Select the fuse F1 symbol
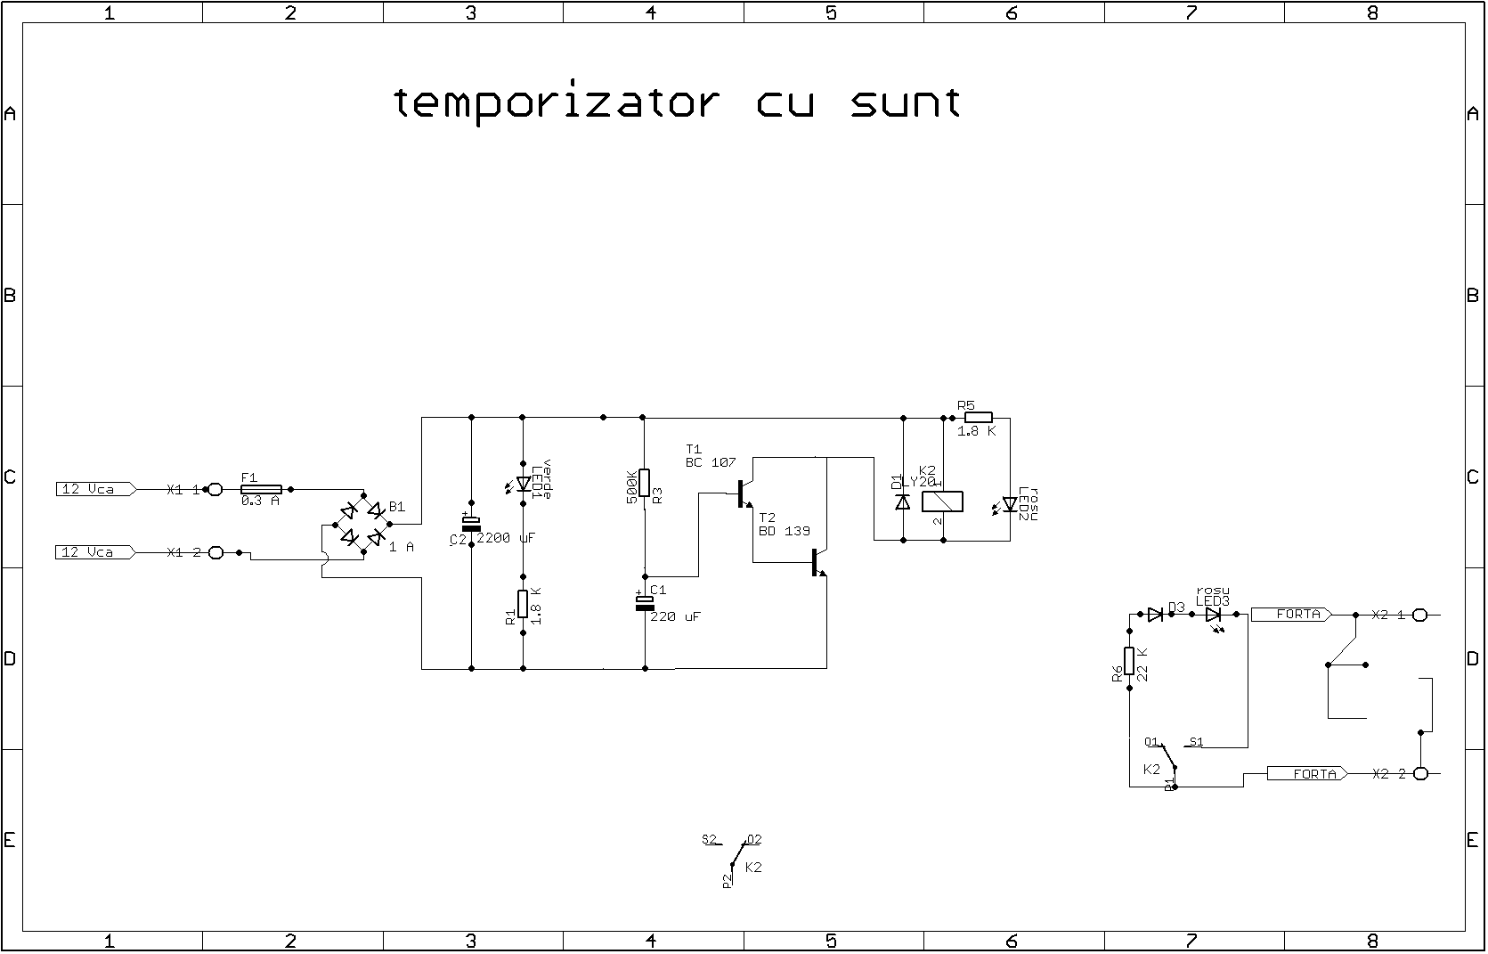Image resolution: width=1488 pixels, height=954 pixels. click(262, 489)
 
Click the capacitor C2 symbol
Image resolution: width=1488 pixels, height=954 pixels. click(471, 524)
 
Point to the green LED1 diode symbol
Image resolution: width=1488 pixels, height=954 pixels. click(524, 484)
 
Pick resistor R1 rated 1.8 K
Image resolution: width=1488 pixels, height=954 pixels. click(523, 605)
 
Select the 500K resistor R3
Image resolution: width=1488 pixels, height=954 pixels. click(645, 483)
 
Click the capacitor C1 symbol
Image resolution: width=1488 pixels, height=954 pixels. click(645, 603)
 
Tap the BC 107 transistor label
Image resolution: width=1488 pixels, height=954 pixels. click(711, 462)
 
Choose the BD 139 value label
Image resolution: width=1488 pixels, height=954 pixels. click(784, 531)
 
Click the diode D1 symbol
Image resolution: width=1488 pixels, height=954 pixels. click(903, 502)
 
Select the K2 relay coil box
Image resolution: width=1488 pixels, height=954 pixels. click(942, 501)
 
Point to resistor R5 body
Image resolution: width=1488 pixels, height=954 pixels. click(979, 417)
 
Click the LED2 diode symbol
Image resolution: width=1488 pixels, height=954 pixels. click(1010, 504)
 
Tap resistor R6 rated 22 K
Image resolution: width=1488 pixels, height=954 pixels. click(1129, 661)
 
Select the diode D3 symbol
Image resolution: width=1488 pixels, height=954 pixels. click(1155, 614)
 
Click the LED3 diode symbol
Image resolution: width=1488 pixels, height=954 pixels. click(1213, 615)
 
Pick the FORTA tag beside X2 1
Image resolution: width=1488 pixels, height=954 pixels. click(1291, 614)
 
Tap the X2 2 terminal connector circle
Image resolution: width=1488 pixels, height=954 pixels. click(1421, 773)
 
